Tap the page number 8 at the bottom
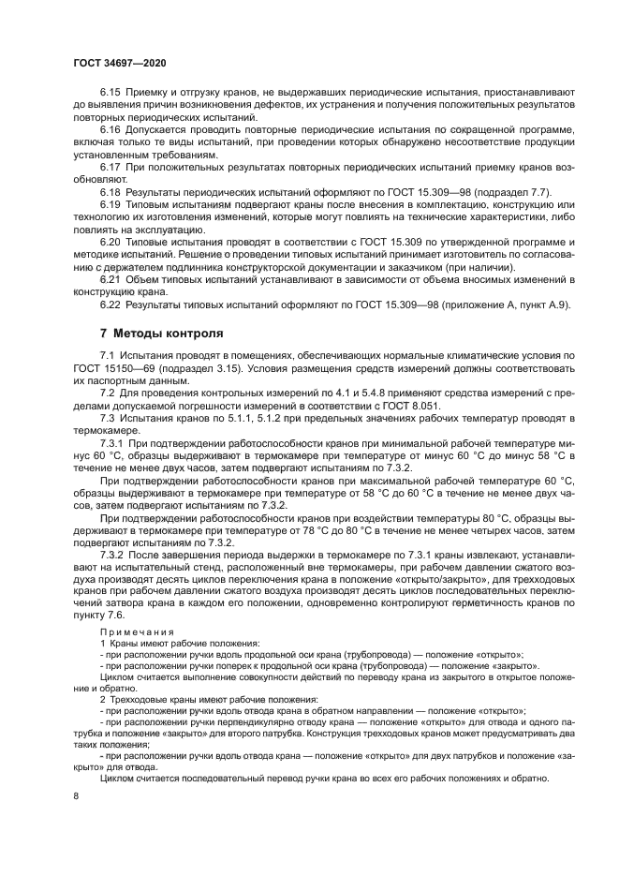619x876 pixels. click(76, 795)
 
